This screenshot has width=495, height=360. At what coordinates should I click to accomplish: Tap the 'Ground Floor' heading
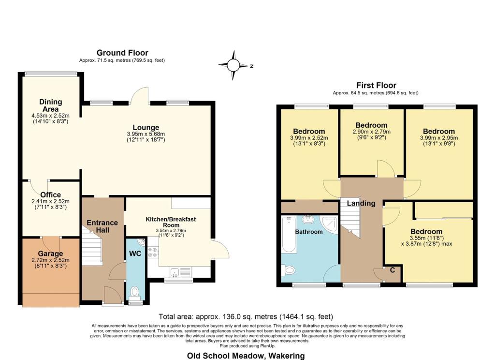click(122, 53)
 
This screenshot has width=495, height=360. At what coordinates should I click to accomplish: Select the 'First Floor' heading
click(376, 85)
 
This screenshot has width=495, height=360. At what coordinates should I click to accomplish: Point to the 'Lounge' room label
click(146, 128)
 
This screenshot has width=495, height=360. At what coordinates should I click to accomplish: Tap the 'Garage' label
click(51, 254)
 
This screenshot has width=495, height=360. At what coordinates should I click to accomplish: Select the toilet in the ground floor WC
click(135, 292)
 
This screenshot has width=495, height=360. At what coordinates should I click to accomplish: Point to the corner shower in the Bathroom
click(330, 223)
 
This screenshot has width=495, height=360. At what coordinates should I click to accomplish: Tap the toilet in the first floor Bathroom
click(289, 270)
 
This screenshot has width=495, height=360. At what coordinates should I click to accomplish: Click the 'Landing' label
click(361, 203)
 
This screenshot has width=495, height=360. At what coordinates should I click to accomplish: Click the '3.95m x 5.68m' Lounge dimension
click(146, 134)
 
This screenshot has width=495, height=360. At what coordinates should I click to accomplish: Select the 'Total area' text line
click(246, 317)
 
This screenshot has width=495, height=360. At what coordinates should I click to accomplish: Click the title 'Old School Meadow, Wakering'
click(246, 356)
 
